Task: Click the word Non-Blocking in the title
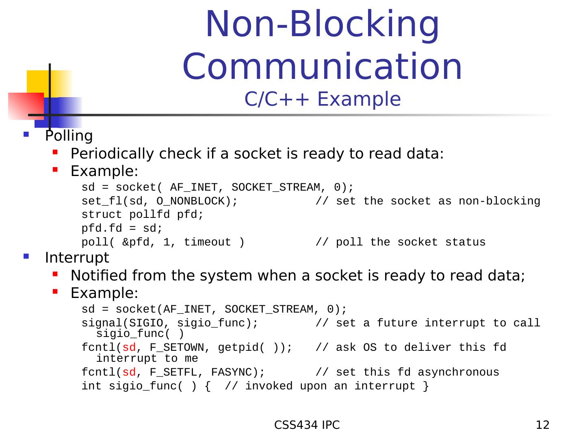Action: coord(323,24)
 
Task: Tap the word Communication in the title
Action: coord(323,66)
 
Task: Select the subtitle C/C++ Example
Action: coord(323,99)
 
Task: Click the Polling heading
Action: coord(69,136)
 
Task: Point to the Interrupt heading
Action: coord(77,258)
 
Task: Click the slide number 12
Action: coord(543,425)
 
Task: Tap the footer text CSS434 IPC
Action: coord(307,425)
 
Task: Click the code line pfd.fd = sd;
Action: coord(122,228)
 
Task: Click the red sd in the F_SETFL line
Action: coord(129,372)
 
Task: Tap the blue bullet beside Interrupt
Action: coord(26,256)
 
